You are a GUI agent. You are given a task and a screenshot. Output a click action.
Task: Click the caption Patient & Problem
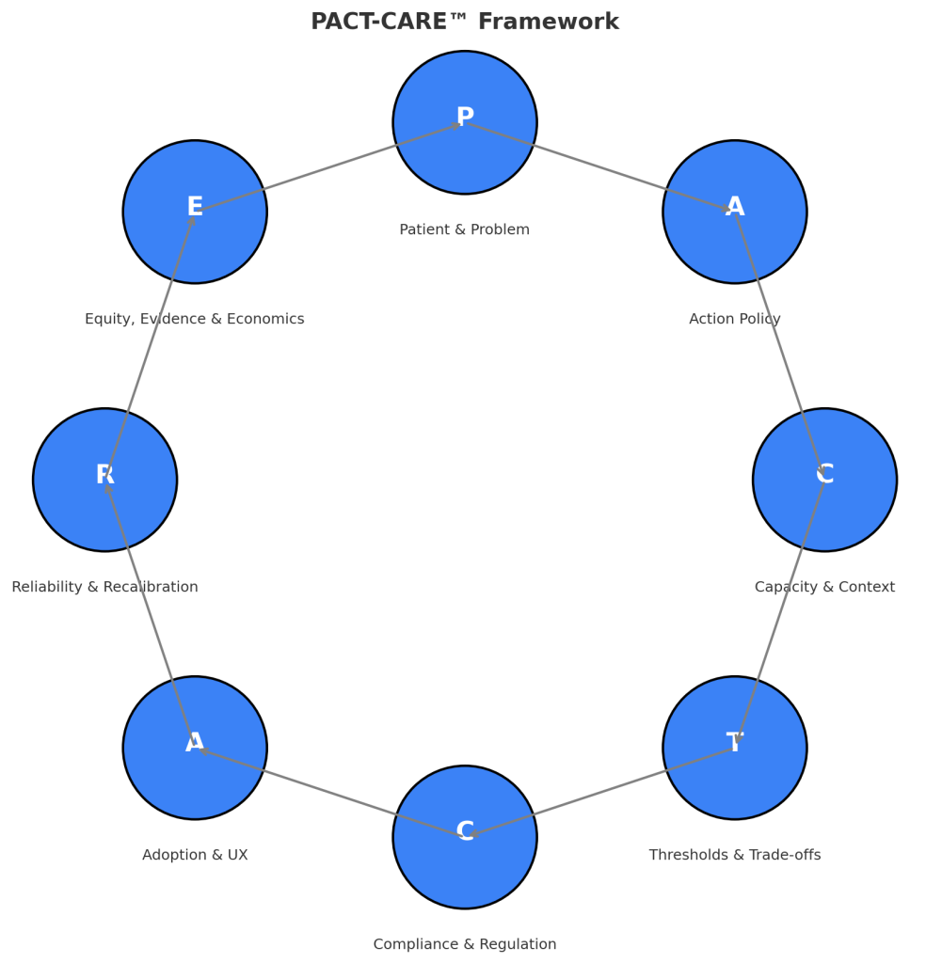point(465,229)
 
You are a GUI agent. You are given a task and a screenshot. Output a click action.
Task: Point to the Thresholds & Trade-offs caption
point(735,855)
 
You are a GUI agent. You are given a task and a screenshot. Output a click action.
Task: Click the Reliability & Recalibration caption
point(105,587)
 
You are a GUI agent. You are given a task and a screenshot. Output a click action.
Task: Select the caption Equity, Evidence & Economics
point(195,319)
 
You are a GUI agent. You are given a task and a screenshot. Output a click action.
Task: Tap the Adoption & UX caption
point(195,855)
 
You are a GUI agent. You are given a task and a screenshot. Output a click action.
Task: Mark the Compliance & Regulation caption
point(465,944)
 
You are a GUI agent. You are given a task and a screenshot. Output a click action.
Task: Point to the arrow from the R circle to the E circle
point(150,346)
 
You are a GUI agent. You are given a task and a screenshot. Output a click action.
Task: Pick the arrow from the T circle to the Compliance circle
point(599,792)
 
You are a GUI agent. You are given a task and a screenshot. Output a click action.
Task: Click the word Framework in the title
point(549,22)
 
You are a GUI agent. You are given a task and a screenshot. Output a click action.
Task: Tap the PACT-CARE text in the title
point(379,22)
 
